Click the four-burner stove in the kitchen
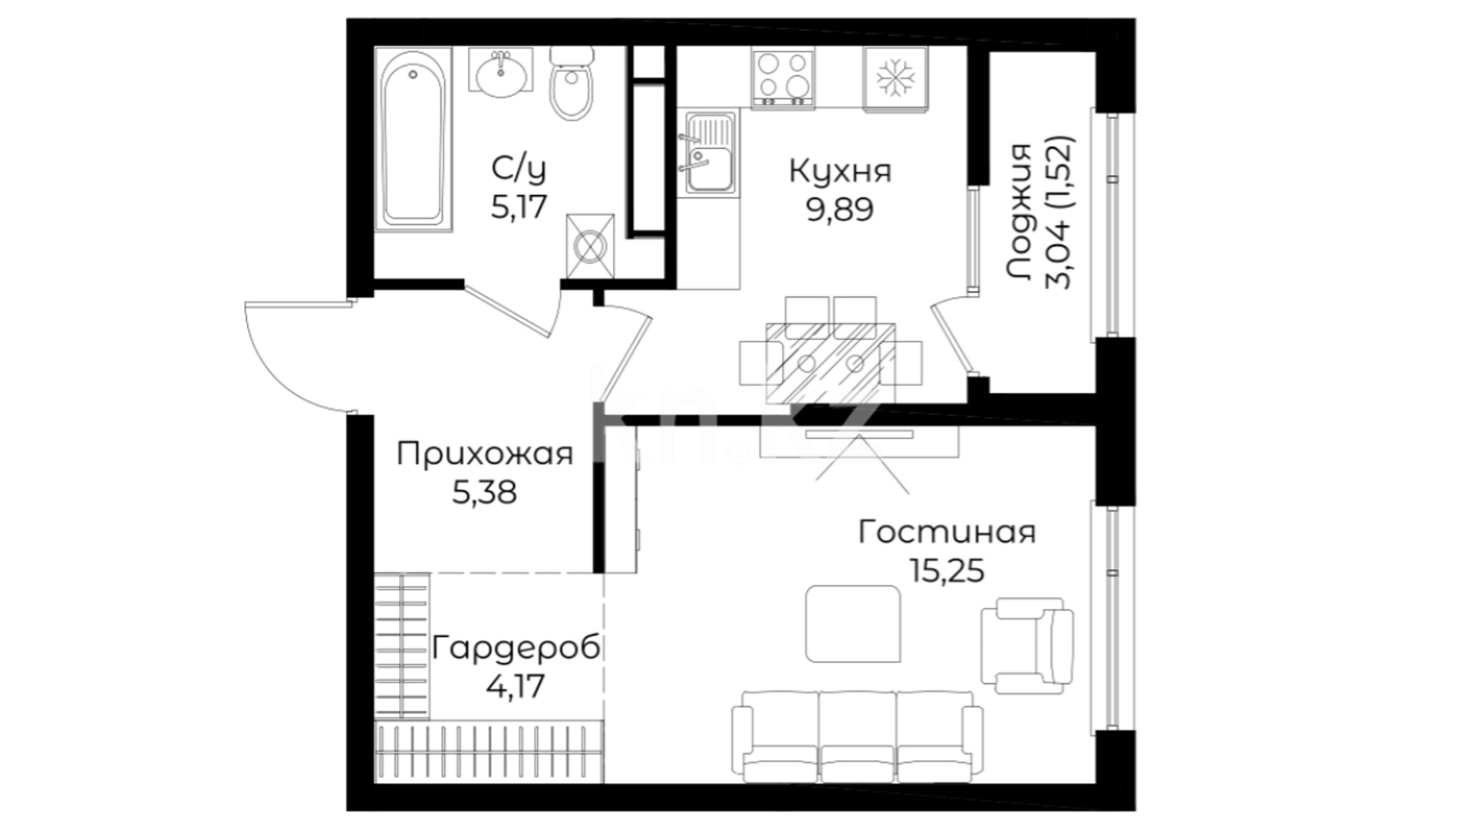pyautogui.click(x=783, y=78)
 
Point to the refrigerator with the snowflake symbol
pyautogui.click(x=895, y=78)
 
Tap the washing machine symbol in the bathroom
pyautogui.click(x=590, y=246)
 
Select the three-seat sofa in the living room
pyautogui.click(x=857, y=735)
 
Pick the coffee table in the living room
pyautogui.click(x=853, y=623)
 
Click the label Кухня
pyautogui.click(x=840, y=171)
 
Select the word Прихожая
pyautogui.click(x=485, y=454)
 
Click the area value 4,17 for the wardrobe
pyautogui.click(x=516, y=685)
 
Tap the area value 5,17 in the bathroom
pyautogui.click(x=519, y=206)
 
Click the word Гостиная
pyautogui.click(x=947, y=531)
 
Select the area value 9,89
pyautogui.click(x=839, y=210)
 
